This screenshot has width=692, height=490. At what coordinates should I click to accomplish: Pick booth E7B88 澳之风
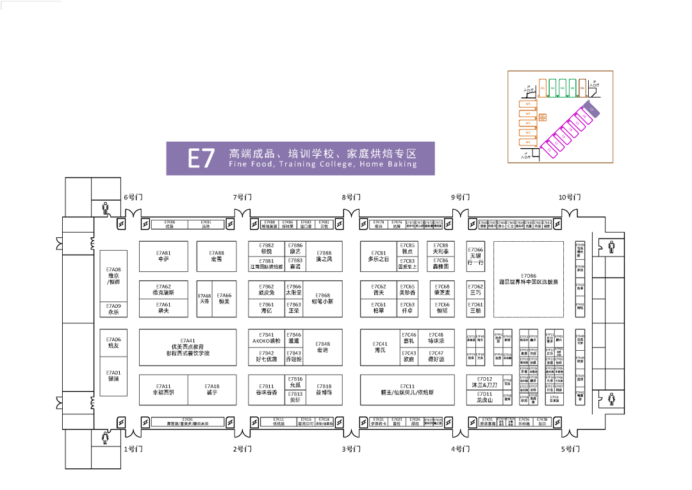pos(324,256)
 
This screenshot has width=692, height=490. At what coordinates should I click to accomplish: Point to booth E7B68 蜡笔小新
pos(324,298)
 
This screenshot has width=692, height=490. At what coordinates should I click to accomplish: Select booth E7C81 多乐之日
pos(378,256)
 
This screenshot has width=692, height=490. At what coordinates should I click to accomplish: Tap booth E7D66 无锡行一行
pos(475,256)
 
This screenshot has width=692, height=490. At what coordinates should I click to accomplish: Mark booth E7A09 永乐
pos(113,309)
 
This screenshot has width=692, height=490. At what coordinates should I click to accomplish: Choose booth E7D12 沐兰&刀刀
pos(481,382)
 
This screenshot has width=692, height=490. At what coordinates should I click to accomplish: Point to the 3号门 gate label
pos(351,450)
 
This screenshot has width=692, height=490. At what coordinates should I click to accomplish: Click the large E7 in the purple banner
pos(201,158)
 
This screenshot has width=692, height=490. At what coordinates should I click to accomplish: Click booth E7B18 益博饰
pos(324,389)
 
